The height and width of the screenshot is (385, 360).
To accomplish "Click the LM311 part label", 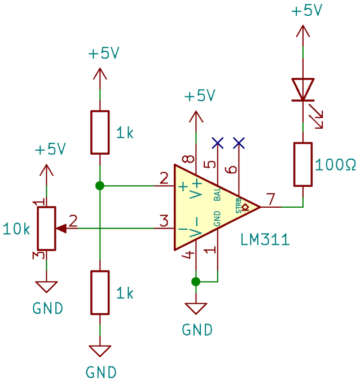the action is [x=265, y=240].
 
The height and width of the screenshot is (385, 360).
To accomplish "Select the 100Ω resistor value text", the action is [x=335, y=165].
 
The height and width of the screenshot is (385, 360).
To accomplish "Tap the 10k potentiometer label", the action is [x=16, y=229].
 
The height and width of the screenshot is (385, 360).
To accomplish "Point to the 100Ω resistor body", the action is [x=303, y=164].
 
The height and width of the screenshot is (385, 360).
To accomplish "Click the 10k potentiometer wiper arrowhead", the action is [x=62, y=229].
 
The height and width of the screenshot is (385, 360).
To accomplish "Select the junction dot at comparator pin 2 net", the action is [x=100, y=186].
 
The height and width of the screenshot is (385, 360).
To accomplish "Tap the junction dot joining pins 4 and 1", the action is [x=196, y=282].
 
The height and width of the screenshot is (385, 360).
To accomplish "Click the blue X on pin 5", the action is [x=218, y=143].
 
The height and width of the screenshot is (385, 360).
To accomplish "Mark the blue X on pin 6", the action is [x=239, y=143].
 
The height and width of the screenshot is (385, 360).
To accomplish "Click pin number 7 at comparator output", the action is [x=270, y=199].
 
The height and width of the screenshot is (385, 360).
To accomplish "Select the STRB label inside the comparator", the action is [x=238, y=205].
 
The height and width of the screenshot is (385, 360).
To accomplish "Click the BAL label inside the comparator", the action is [x=217, y=194].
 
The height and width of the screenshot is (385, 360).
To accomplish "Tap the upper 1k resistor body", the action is [x=100, y=133].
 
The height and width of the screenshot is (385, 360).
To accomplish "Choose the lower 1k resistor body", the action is [x=100, y=292].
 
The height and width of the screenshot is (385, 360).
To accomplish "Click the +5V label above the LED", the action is [x=306, y=11].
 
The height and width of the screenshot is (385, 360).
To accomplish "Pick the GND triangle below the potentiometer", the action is [x=46, y=287].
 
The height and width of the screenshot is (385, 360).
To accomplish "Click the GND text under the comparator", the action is [x=197, y=330].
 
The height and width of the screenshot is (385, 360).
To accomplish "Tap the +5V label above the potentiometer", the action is [x=50, y=149].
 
